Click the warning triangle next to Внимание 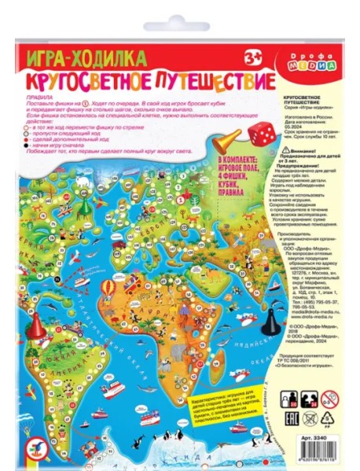pyautogui.click(x=285, y=149)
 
